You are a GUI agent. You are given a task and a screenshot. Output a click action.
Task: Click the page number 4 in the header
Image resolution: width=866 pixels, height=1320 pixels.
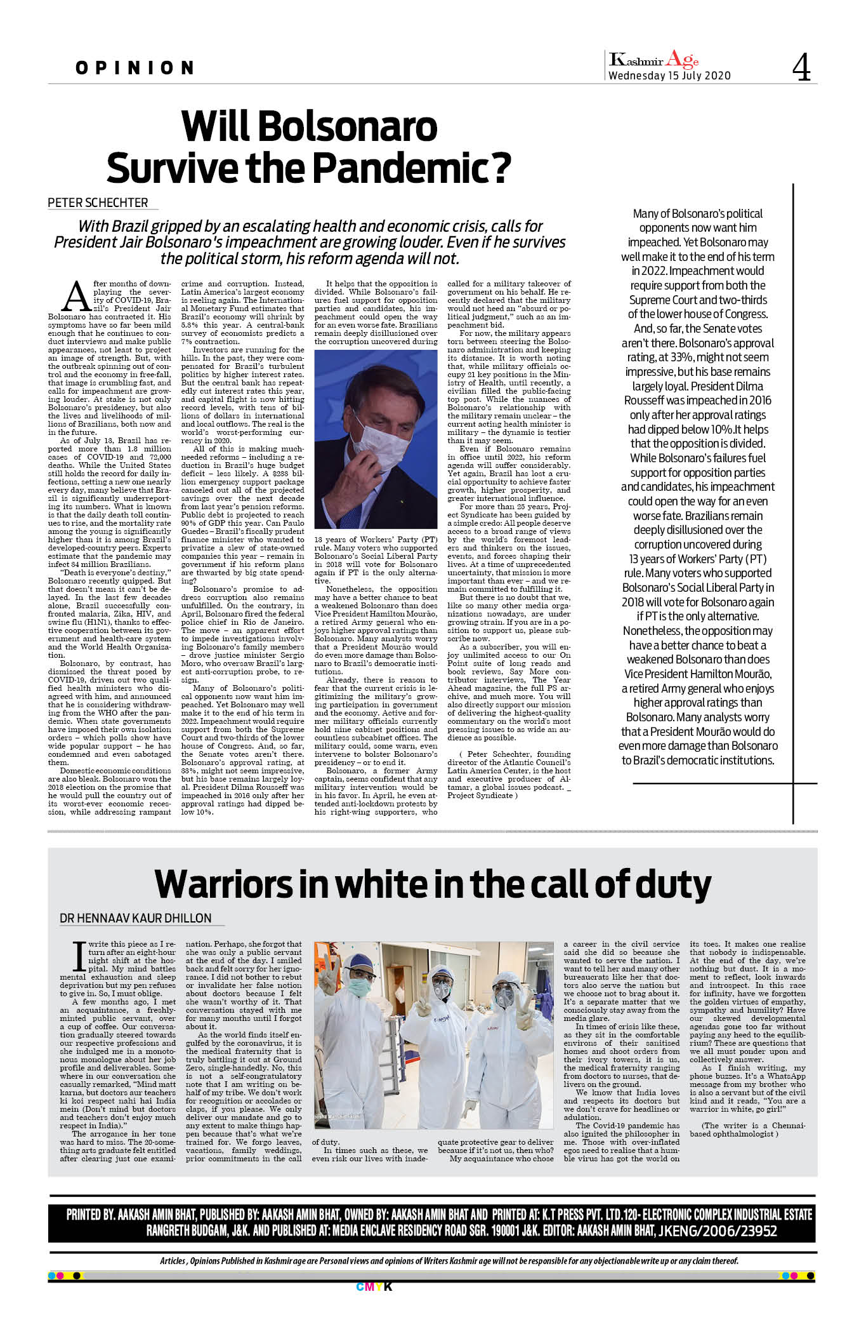coord(801,67)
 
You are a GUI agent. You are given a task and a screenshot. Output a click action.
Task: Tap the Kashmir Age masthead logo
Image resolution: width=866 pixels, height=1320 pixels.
coord(653,60)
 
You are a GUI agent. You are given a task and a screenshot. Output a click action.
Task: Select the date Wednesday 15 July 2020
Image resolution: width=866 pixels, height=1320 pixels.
coord(669,76)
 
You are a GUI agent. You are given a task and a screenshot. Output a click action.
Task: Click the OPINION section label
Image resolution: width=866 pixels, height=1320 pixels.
coord(134,68)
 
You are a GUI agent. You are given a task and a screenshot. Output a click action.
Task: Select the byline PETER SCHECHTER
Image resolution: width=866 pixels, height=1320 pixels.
coord(98,203)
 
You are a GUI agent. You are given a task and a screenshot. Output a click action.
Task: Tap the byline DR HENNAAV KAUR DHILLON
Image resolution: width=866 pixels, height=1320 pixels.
coord(135,918)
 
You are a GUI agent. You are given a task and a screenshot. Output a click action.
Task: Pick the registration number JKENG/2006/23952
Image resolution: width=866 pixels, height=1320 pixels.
coord(718,1231)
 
